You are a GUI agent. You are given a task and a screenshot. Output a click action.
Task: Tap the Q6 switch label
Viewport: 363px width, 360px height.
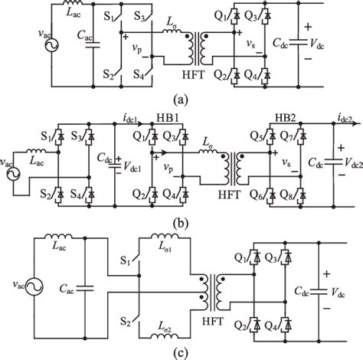coord(262,193)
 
